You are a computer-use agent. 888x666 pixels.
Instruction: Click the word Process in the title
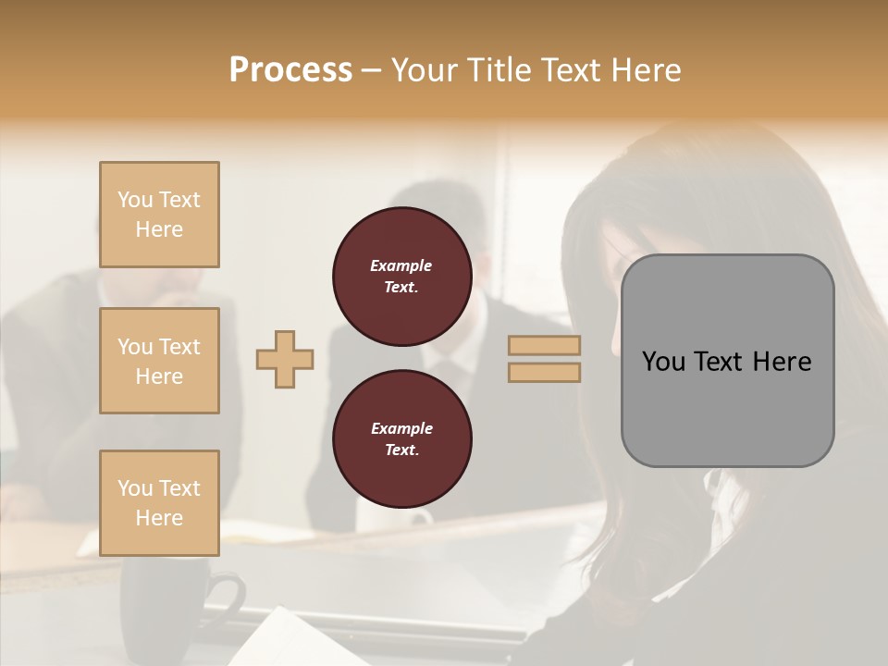290,70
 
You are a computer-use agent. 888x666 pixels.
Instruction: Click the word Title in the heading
499,70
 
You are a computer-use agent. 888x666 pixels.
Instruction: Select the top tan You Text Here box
159,215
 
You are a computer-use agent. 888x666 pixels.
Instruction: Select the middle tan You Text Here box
159,361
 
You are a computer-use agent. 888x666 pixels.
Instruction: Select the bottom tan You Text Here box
159,502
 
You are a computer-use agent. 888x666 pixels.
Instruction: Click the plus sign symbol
285,359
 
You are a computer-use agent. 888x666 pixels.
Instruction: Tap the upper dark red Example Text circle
401,277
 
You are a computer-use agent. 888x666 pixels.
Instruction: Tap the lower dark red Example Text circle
401,439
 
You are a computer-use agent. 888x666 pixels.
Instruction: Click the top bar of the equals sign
544,346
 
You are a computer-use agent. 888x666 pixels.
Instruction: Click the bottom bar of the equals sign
544,372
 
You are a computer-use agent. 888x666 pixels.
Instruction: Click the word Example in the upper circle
401,265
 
